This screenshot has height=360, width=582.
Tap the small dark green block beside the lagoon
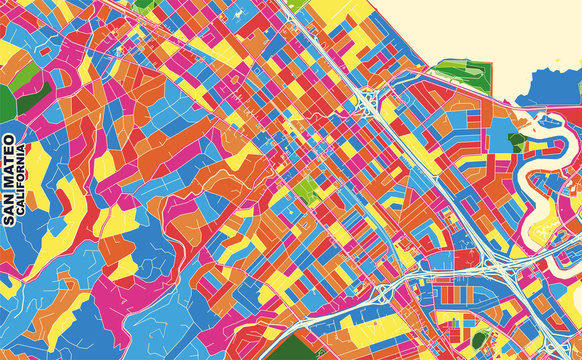tap(516, 140)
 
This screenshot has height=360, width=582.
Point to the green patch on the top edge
tap(146, 4)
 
